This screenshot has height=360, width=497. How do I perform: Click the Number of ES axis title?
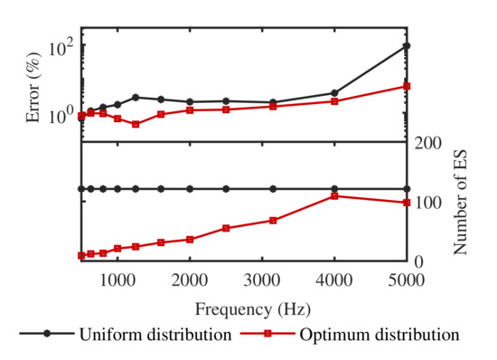[461, 201]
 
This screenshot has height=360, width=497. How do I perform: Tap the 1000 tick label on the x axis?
[117, 280]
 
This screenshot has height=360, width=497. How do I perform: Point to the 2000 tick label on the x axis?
[190, 280]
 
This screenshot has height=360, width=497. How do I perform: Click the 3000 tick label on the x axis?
[262, 280]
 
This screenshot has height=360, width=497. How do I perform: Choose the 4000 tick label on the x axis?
[334, 280]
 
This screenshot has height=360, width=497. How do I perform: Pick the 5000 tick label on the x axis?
[406, 280]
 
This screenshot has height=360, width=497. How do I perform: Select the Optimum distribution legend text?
[379, 335]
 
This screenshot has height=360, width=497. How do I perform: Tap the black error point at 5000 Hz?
[407, 46]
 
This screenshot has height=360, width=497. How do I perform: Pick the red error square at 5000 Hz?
[407, 86]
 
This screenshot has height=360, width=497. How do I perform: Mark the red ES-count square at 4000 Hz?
[334, 195]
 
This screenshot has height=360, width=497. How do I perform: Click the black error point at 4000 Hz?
[334, 93]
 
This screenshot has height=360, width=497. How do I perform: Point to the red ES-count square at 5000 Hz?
[407, 202]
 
